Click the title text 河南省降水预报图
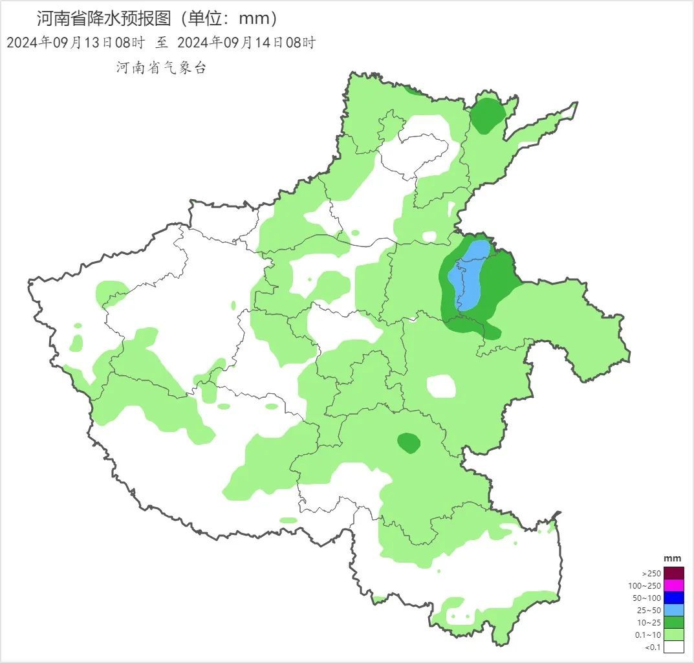coord(103,18)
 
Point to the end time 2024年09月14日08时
coord(246,43)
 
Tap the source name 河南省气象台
coord(161,68)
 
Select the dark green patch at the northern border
coord(486,114)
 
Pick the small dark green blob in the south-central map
coord(408,443)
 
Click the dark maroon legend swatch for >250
coord(673,573)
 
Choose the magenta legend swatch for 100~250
coord(673,585)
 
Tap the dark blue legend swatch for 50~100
coord(673,598)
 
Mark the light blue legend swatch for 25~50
coord(673,610)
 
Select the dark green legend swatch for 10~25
coord(673,622)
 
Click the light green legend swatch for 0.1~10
coord(673,635)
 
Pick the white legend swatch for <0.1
coord(673,647)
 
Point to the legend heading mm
coord(673,558)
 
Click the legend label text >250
coord(651,574)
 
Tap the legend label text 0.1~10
coord(648,635)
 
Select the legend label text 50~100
coord(647,598)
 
